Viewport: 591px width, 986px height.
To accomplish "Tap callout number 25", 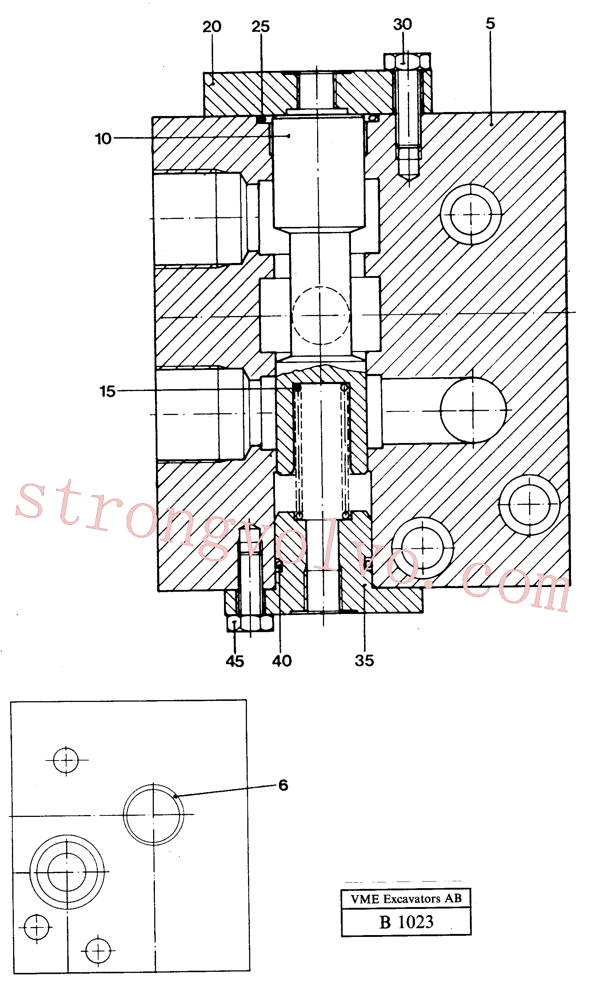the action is coord(260,27).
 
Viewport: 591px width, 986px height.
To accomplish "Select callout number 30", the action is coord(402,24).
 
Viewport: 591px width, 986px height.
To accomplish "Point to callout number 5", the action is coord(490,24).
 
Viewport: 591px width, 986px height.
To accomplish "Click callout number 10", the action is coord(103,139).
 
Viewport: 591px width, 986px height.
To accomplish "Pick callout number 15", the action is coord(107,391).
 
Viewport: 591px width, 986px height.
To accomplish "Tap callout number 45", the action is coord(235,662).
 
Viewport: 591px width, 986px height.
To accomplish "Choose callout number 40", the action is coord(282,661).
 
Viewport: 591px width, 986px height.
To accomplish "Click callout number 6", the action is coord(283,785).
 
